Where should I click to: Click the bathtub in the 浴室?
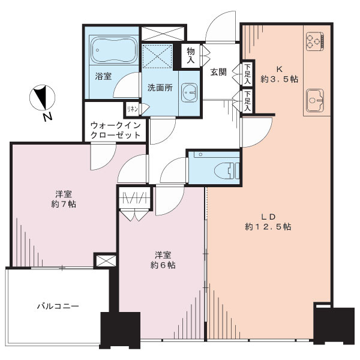point(113,50)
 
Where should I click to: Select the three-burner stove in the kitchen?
point(315,41)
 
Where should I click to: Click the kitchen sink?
point(315,100)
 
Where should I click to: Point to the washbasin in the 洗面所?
point(189,92)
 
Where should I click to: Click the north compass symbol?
point(42,97)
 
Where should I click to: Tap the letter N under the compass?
point(48,118)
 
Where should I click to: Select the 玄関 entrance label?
point(218,72)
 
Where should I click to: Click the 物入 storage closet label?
point(191,55)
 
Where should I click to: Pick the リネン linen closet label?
point(133,109)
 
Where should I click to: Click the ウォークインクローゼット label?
point(115,130)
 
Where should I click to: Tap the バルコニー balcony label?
point(58,306)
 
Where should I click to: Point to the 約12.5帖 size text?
point(268,227)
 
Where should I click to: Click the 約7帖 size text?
point(64,204)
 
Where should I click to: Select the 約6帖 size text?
point(163,265)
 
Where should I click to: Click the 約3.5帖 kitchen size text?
point(279,79)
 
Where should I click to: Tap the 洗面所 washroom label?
point(160,88)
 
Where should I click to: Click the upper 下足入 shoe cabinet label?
point(247,74)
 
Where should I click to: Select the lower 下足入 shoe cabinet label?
point(247,101)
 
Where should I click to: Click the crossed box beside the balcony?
point(106,260)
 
